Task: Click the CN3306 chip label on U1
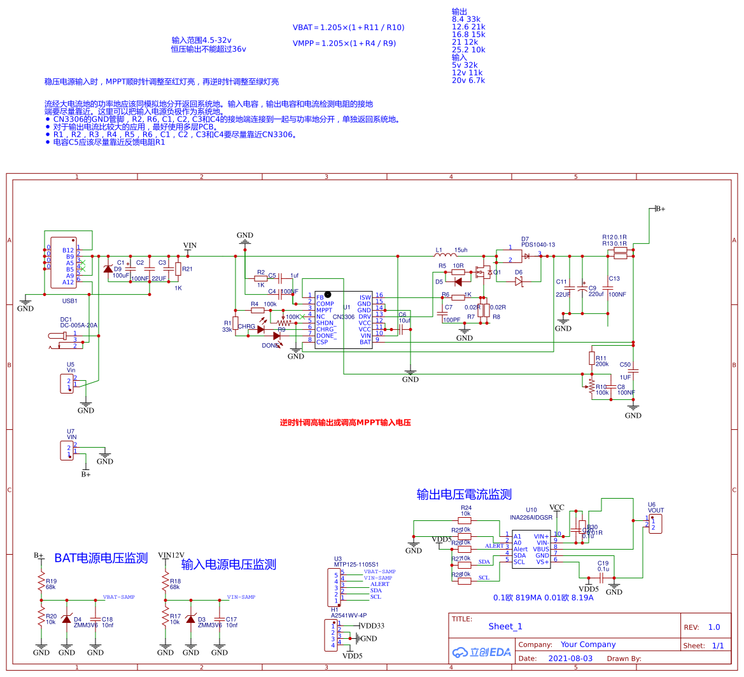click(343, 317)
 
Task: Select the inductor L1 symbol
click(443, 257)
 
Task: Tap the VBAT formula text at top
click(348, 27)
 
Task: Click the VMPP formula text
click(344, 43)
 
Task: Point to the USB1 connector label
click(69, 301)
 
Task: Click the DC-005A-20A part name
click(79, 325)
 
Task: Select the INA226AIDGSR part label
click(531, 518)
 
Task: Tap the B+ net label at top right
click(659, 208)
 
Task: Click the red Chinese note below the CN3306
click(345, 422)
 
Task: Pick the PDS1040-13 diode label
click(538, 245)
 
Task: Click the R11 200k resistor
click(592, 358)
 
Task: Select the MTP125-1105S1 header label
click(356, 564)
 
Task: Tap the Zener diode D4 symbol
click(67, 618)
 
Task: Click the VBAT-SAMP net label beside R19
click(119, 597)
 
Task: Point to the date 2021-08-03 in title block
click(570, 659)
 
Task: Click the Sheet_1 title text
click(505, 626)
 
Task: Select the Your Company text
click(587, 645)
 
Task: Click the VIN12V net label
click(171, 555)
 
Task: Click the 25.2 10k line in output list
click(468, 50)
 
